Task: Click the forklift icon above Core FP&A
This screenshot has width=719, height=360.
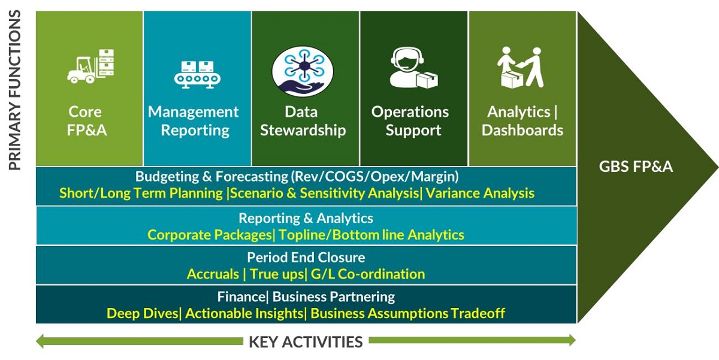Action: point(90,66)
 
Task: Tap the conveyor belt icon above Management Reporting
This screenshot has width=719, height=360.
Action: point(197,75)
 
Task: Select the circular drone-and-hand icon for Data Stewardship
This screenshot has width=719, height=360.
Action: point(303,71)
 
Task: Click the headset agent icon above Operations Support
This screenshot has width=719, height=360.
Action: point(414,68)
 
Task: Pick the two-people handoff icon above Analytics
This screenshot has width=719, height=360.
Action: point(520,67)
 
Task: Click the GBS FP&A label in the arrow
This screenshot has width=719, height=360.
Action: point(636,167)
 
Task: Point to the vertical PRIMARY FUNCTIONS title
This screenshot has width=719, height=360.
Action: point(14,90)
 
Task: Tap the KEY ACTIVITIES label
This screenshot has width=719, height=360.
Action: point(306,342)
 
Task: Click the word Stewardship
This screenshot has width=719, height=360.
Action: point(303,130)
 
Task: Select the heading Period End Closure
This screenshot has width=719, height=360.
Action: point(306,258)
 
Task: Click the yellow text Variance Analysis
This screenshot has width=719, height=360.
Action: point(480,193)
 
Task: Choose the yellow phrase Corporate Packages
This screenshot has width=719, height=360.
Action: point(210,235)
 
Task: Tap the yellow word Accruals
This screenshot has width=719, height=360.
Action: point(213,274)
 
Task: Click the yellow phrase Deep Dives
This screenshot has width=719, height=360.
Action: point(142,313)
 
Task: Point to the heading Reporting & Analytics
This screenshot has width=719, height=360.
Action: point(306,218)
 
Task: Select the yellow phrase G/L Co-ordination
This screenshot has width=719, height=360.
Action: point(368,274)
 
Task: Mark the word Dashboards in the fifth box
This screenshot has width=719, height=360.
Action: point(522,130)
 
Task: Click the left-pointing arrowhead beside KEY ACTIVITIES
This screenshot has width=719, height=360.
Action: point(40,341)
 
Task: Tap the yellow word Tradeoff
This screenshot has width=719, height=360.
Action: point(478,313)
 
